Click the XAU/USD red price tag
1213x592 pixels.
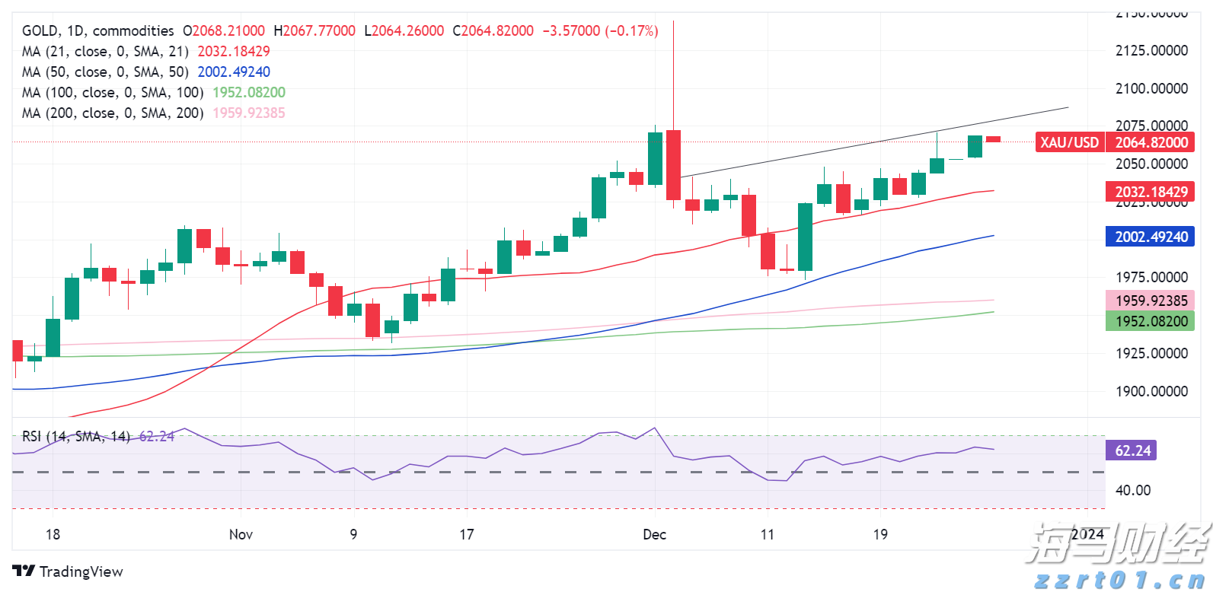(x=1069, y=142)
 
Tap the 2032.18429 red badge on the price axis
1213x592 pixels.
(x=1151, y=192)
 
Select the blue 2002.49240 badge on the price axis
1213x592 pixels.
(x=1151, y=237)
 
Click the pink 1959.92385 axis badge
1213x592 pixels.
(x=1151, y=301)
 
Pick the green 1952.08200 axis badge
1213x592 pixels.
(x=1151, y=321)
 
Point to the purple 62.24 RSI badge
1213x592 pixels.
(x=1132, y=450)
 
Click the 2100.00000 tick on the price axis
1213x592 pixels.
(x=1151, y=88)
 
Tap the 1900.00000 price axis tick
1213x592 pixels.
(x=1151, y=391)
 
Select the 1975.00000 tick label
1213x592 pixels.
(x=1151, y=277)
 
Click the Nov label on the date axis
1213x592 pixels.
(x=241, y=534)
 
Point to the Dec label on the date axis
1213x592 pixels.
(x=654, y=534)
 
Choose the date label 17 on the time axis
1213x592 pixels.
(x=467, y=534)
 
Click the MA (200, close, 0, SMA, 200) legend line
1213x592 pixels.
(x=113, y=113)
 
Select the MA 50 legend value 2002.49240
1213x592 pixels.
(x=234, y=72)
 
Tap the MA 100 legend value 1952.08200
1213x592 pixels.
(x=249, y=92)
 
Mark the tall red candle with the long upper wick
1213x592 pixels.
(x=673, y=164)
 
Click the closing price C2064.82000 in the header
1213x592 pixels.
(x=493, y=30)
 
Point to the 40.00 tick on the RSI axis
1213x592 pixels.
(x=1132, y=490)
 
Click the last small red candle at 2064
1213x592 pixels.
(x=993, y=139)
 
